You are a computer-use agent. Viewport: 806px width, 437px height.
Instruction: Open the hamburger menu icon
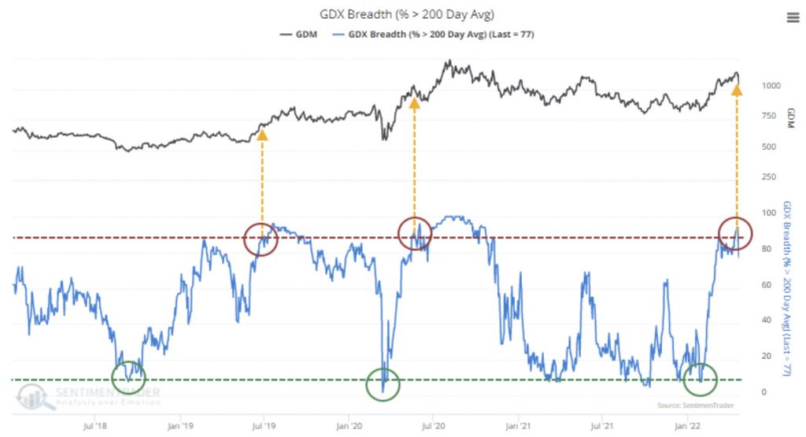coord(793,18)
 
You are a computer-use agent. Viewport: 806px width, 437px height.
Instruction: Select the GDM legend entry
coord(298,35)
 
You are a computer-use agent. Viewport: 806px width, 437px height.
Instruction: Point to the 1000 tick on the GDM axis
coord(772,85)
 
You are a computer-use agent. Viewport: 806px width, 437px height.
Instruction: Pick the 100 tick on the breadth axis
coord(768,213)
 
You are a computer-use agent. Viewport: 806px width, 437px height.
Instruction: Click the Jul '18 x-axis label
coord(95,426)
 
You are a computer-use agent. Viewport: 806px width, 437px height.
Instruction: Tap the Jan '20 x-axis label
coord(349,426)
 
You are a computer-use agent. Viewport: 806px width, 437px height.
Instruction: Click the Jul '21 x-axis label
coord(604,426)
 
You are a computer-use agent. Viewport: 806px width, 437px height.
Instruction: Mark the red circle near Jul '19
coord(262,238)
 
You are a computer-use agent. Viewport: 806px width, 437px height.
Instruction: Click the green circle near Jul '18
coord(128,377)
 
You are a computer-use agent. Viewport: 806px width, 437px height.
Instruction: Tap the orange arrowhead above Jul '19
coord(262,135)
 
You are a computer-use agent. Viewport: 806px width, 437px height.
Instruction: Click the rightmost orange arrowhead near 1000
coord(737,91)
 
